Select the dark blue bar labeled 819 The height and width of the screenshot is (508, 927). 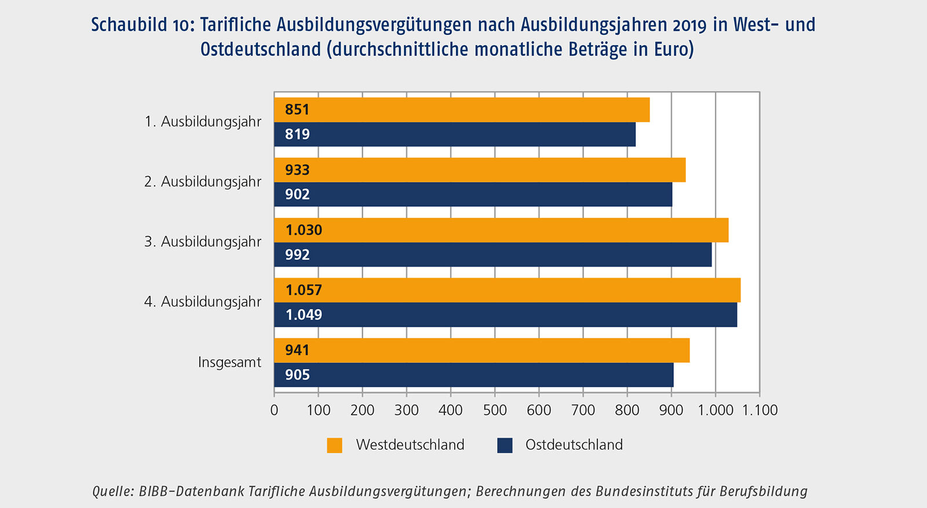pos(455,134)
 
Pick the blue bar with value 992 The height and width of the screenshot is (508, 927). pos(492,255)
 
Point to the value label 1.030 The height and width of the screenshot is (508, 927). pos(304,231)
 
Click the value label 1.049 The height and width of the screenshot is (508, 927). pos(304,315)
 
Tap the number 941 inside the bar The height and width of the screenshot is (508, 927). pos(297,350)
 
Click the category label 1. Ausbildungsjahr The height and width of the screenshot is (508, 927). pos(203,122)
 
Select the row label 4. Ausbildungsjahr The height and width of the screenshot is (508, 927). pos(203,302)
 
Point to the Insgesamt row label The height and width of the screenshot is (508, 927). pos(229,363)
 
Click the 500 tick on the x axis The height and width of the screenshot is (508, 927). pos(495,410)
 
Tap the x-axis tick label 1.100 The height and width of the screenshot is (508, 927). pos(760,410)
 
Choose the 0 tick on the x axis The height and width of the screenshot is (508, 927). pos(274,410)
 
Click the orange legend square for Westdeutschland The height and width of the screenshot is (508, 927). pos(334,445)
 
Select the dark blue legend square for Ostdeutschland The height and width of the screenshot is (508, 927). pos(505,445)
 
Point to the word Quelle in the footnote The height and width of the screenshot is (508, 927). pos(112,491)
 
